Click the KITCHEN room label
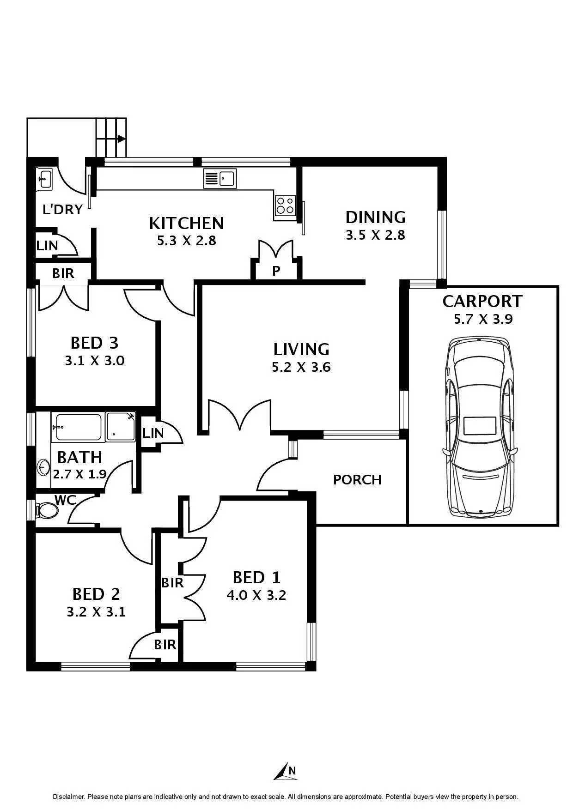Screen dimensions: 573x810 click(186, 223)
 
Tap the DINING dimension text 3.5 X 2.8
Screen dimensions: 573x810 click(375, 235)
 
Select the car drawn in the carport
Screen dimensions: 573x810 click(480, 427)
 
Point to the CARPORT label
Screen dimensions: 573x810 click(482, 301)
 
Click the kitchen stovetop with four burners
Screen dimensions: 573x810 click(285, 206)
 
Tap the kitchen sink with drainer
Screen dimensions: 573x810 click(220, 178)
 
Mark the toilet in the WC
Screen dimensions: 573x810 click(47, 510)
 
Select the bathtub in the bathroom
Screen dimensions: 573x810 click(78, 427)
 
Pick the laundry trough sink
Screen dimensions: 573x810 click(45, 178)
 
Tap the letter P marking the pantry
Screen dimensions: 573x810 click(276, 271)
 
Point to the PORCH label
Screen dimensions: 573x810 click(357, 480)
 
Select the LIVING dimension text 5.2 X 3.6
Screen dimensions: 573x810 click(301, 367)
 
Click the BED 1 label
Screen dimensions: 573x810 click(256, 577)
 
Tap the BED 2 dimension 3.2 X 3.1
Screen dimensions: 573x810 click(96, 612)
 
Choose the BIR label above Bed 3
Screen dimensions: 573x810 click(63, 273)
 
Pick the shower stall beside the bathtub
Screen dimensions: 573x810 click(121, 427)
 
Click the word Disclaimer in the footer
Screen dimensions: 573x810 click(68, 797)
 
